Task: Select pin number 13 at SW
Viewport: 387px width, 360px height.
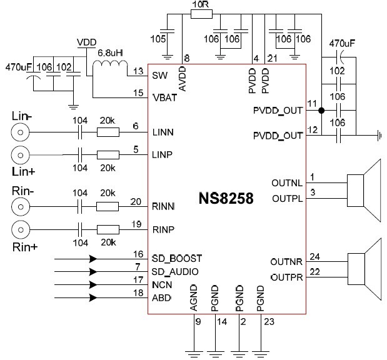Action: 138,71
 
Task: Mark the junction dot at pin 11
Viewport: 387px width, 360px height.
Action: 321,111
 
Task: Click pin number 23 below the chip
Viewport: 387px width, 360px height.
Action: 267,322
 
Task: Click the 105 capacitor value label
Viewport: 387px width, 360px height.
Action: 159,41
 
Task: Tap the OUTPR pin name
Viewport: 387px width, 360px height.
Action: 287,276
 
